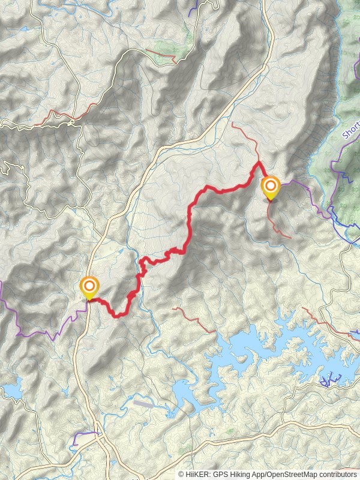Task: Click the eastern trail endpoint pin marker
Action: pos(271,187)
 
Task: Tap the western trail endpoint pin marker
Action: pos(89,286)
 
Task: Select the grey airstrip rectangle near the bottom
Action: pos(144,404)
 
